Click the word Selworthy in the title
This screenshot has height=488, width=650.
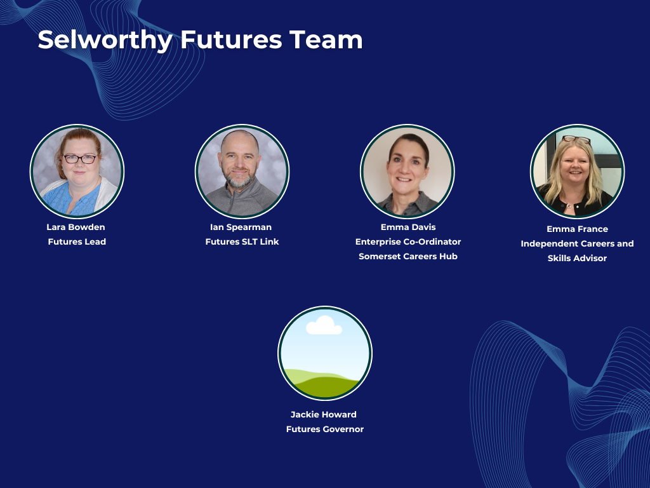105,40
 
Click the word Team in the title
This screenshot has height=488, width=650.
326,40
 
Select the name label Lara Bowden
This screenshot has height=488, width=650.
76,227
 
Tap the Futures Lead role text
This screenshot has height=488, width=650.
77,241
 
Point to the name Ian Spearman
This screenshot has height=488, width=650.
241,227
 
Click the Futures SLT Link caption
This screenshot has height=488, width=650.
242,241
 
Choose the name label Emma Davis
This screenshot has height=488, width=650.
408,227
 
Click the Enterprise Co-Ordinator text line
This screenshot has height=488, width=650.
408,241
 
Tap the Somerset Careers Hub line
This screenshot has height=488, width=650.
408,256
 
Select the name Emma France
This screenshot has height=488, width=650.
578,229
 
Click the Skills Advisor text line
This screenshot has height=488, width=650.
577,258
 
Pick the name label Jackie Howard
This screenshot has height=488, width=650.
323,414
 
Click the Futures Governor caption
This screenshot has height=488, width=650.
325,429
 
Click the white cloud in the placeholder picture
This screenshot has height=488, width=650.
324,326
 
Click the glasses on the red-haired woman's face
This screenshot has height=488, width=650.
80,159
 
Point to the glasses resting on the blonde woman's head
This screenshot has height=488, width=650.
576,139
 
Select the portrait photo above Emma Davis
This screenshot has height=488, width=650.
408,172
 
